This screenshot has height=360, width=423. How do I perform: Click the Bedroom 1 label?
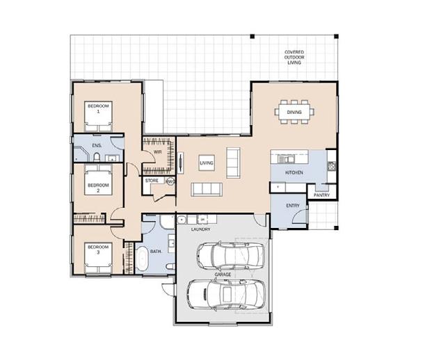pos(98,108)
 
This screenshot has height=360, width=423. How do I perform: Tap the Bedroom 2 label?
pos(98,188)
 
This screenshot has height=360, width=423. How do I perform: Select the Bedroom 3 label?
pos(98,249)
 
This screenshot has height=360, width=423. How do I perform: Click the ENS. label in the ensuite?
pos(97,145)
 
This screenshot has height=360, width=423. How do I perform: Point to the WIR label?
pos(157,152)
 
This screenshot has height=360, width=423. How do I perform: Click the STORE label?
pos(152,181)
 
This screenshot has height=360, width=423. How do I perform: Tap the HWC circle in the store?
pos(170,181)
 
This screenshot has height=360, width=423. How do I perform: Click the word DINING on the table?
pos(294,112)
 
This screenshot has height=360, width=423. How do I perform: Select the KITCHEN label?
pos(294,172)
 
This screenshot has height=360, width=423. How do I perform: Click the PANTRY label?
pos(321,195)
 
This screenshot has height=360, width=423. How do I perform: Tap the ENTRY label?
pos(293,206)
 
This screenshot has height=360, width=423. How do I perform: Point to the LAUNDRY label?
pos(200,229)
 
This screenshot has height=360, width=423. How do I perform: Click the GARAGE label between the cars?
pos(223,275)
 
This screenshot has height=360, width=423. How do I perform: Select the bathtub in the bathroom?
pos(142,259)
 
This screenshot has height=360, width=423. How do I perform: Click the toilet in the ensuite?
pos(97,157)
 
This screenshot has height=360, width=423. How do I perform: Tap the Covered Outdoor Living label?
pos(294,57)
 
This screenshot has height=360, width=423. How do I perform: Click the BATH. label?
pos(156,252)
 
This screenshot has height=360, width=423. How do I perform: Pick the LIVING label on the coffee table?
pos(207,163)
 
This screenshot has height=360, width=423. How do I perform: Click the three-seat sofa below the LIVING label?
pos(207,190)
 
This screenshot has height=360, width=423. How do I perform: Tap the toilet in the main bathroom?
pos(170,266)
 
